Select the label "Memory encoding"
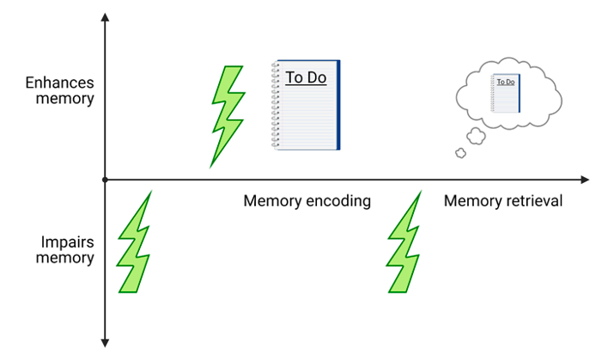click(x=307, y=201)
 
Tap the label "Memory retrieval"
click(x=503, y=201)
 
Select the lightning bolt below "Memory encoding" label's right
click(x=406, y=245)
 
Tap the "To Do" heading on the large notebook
click(x=305, y=78)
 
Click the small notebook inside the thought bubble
click(x=506, y=93)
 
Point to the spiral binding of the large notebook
click(x=276, y=105)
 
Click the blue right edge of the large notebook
click(x=338, y=105)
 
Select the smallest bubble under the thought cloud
click(x=459, y=153)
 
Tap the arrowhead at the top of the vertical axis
click(x=104, y=18)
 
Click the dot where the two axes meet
click(x=104, y=180)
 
